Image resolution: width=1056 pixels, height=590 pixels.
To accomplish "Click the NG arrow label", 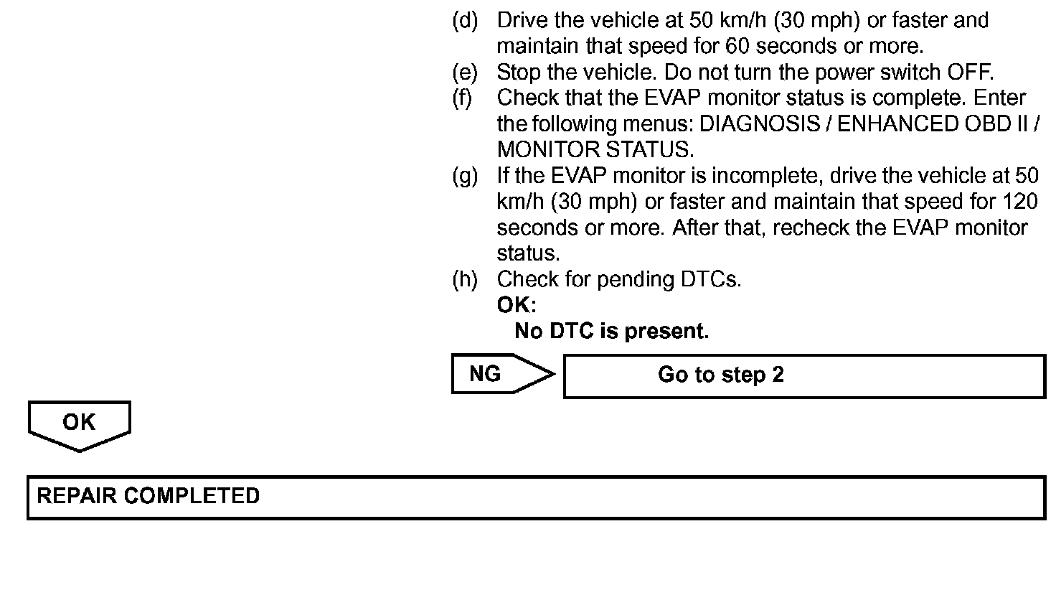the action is tap(486, 374).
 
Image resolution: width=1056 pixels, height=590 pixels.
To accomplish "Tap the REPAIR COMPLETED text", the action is tap(148, 496).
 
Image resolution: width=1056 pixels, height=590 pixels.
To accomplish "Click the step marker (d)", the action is tap(465, 20).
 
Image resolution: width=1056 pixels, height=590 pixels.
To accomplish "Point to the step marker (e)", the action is tap(465, 72).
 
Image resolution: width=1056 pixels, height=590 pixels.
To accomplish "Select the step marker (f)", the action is tap(463, 98).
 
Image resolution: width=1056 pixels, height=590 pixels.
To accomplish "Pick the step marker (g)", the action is tap(465, 175).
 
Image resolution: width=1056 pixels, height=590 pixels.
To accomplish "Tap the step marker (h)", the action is tap(465, 279).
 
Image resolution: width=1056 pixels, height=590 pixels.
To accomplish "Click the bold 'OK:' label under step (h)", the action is tap(516, 305).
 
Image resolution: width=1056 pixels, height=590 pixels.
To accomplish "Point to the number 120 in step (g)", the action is tap(1019, 201).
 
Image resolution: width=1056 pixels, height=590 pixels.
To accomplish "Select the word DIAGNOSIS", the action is tap(759, 123).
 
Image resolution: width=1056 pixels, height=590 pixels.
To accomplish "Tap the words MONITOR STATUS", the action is tap(595, 149).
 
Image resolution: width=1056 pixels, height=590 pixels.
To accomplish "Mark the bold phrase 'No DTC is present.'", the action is tap(611, 331).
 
